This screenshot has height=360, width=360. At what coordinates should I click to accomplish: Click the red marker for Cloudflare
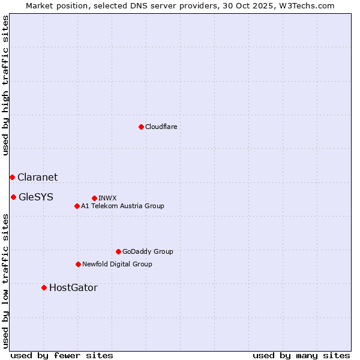point(141,127)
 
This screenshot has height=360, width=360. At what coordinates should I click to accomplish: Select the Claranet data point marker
point(12,177)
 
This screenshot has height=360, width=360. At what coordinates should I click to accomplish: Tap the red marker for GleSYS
point(13,197)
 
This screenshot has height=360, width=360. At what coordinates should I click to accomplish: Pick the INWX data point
point(94,198)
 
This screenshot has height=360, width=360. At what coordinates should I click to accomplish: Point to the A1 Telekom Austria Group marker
point(77,206)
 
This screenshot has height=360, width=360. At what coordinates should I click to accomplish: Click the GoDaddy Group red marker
point(118,251)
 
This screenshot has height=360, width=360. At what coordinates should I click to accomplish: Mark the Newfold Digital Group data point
point(78,264)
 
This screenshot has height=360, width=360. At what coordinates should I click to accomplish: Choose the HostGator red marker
point(44,287)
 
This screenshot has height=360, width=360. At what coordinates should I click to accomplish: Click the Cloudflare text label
point(161,127)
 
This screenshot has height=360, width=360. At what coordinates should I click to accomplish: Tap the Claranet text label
point(38,177)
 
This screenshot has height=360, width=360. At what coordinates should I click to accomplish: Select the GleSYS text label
point(36,197)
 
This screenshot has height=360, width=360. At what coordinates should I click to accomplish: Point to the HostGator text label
point(73,287)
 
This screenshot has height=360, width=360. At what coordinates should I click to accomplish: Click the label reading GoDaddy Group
point(148,251)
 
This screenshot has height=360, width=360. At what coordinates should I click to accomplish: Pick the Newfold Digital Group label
point(117,264)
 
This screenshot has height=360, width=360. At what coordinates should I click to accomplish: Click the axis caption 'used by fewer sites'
point(62,355)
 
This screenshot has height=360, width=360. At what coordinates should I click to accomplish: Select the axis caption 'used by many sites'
point(301,355)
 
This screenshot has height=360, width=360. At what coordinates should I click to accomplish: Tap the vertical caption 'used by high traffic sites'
point(5,85)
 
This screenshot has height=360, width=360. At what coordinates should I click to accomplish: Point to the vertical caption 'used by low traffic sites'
point(5,281)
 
